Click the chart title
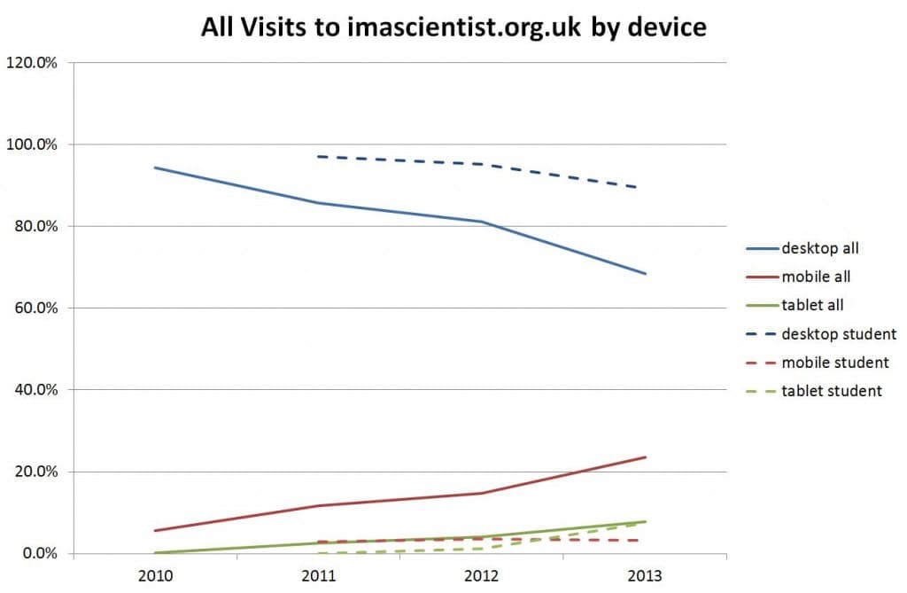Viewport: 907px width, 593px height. tap(453, 27)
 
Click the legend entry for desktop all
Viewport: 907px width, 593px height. tap(820, 248)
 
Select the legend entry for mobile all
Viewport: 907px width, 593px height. tap(816, 277)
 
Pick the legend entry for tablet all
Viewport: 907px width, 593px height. tap(811, 305)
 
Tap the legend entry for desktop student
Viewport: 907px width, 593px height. tap(839, 333)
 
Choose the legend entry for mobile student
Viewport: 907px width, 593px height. tap(834, 362)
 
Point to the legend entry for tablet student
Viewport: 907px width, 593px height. tap(831, 390)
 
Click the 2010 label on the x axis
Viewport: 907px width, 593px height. tap(154, 573)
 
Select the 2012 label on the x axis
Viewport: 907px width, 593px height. tap(482, 573)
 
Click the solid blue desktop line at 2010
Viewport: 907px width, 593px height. tap(155, 168)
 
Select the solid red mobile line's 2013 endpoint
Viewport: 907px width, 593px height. tap(646, 457)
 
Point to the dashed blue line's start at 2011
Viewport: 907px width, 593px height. tap(319, 157)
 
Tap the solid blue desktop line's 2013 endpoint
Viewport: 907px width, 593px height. tap(646, 274)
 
